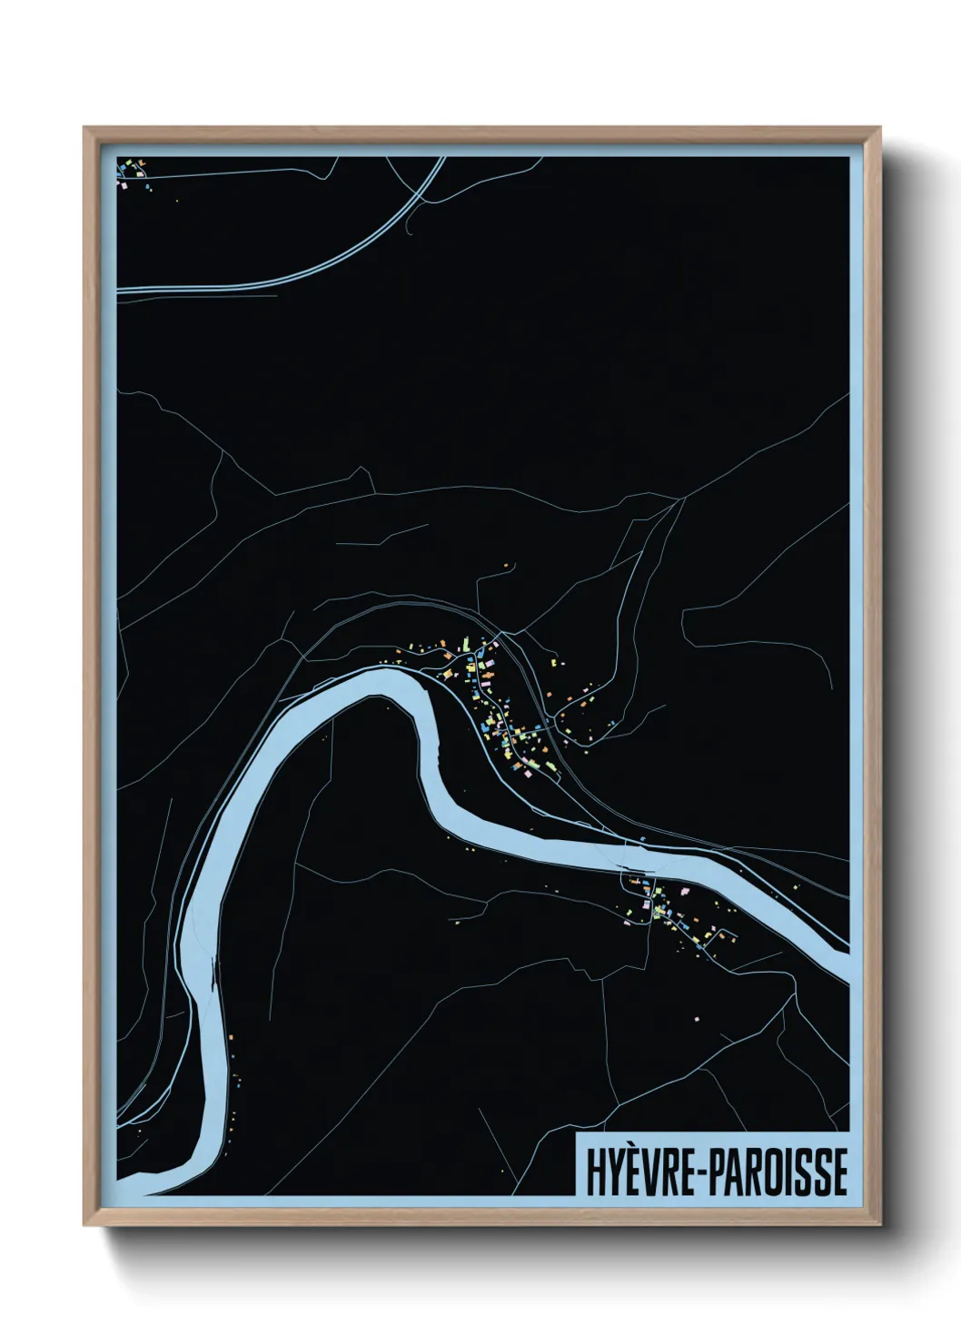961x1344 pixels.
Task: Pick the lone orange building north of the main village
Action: point(507,566)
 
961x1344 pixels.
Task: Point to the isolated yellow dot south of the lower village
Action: point(697,1018)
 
